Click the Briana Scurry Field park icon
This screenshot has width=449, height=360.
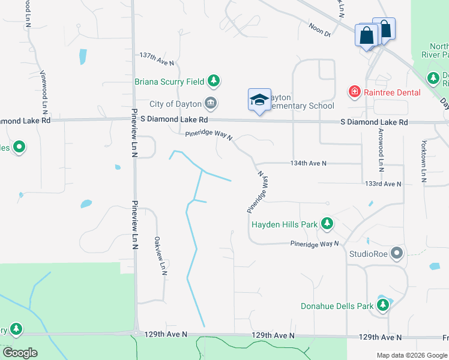(x=213, y=80)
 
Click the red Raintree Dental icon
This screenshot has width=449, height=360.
(x=355, y=92)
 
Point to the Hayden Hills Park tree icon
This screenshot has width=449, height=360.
(x=327, y=224)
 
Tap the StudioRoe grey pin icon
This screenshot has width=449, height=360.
(x=396, y=253)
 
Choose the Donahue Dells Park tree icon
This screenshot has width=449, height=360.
(x=382, y=305)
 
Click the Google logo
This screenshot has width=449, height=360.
(x=20, y=353)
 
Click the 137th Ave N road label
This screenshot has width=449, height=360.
(x=156, y=58)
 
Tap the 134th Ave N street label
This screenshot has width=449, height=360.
(x=308, y=163)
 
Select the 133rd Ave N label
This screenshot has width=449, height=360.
(x=382, y=184)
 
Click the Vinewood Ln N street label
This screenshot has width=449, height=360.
(x=44, y=91)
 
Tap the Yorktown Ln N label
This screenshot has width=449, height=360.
(x=423, y=161)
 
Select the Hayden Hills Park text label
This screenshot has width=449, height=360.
(x=285, y=225)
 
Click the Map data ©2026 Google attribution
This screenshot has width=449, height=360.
(x=411, y=355)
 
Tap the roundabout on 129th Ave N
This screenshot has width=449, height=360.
(x=137, y=334)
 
